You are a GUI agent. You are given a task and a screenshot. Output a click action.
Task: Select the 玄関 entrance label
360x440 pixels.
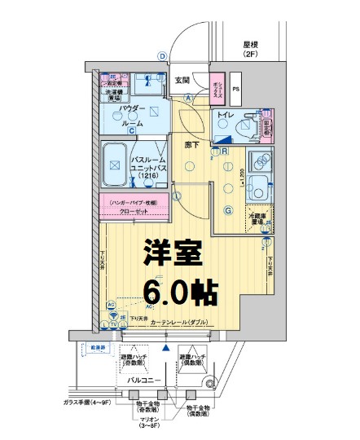click(182, 80)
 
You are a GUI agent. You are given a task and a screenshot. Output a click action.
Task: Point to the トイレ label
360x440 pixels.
click(226, 116)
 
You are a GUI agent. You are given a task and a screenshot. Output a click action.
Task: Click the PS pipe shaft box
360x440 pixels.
click(236, 89)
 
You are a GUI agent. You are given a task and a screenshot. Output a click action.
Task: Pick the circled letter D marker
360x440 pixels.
click(162, 55)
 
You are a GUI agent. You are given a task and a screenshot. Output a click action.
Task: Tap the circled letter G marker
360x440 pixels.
click(229, 209)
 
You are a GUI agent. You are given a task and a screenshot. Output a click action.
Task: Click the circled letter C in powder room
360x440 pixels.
click(130, 129)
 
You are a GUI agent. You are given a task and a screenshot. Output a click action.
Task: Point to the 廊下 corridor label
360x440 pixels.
click(193, 143)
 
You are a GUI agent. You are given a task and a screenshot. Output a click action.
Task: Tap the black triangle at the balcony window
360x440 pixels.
click(165, 348)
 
